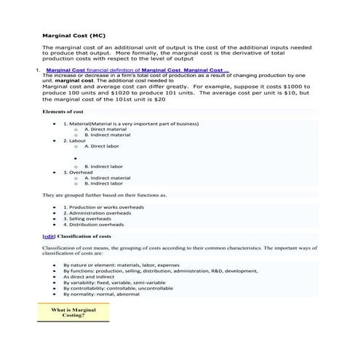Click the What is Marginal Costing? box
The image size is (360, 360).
[73, 313]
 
